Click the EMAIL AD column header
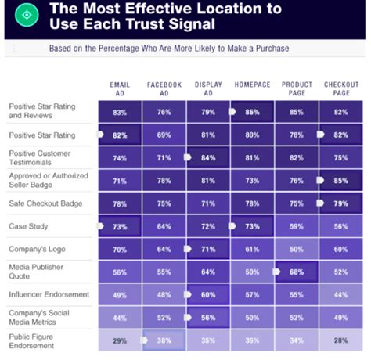click(120, 88)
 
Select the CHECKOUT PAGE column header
click(340, 88)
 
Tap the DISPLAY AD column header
click(208, 88)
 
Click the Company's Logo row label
click(37, 250)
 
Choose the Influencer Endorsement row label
click(47, 295)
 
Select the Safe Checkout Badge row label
click(43, 204)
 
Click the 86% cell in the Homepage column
click(253, 113)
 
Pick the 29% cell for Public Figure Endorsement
click(120, 341)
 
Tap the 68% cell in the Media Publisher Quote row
click(297, 272)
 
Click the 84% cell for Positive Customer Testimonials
click(208, 158)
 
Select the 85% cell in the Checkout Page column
click(340, 181)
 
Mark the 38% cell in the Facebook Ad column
click(164, 341)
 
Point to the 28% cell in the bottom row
click(340, 341)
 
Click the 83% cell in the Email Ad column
click(120, 113)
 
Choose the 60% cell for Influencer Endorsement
click(208, 295)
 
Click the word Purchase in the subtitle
click(270, 49)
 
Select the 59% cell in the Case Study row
click(297, 227)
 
